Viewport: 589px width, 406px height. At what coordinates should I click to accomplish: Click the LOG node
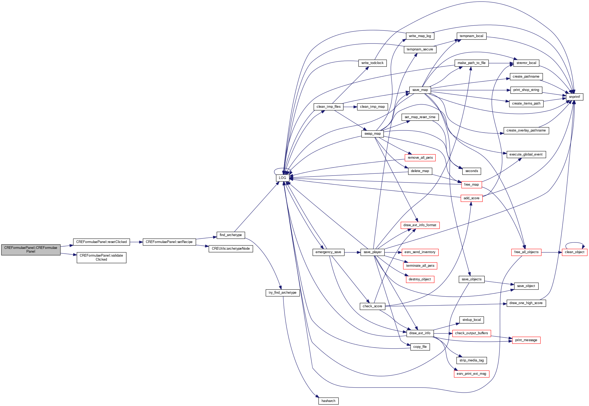tap(282, 178)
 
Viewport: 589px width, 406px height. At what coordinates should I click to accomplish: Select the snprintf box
tap(574, 97)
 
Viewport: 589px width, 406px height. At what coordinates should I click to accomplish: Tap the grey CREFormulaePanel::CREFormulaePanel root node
tap(31, 250)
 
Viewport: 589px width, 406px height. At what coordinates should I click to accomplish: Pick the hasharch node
tap(328, 401)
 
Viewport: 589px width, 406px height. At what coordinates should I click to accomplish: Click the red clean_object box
tap(574, 252)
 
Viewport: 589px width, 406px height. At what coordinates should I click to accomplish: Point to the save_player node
tap(372, 252)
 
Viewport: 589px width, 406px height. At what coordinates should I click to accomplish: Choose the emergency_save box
tap(328, 252)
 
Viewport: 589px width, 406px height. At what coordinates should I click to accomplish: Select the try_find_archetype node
tap(282, 293)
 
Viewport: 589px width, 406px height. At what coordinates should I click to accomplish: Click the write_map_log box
tap(420, 36)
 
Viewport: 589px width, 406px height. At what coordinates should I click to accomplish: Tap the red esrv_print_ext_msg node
tap(471, 374)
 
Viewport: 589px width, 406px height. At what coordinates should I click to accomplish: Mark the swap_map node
tap(372, 134)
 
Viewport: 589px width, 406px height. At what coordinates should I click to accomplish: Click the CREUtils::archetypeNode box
tap(231, 249)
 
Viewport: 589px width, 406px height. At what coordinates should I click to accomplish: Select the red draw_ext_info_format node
tap(420, 225)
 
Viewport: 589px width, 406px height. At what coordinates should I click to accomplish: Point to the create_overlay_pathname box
tap(526, 130)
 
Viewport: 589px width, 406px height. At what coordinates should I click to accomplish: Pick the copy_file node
tap(420, 347)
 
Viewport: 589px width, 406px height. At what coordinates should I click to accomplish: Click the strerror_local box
tap(526, 63)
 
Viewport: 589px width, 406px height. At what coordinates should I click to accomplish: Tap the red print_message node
tap(526, 340)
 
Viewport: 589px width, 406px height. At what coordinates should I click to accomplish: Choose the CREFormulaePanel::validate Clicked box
tap(101, 257)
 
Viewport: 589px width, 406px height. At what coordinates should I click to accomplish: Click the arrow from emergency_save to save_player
tap(352, 252)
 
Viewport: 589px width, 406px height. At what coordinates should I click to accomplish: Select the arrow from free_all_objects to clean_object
tap(551, 252)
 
